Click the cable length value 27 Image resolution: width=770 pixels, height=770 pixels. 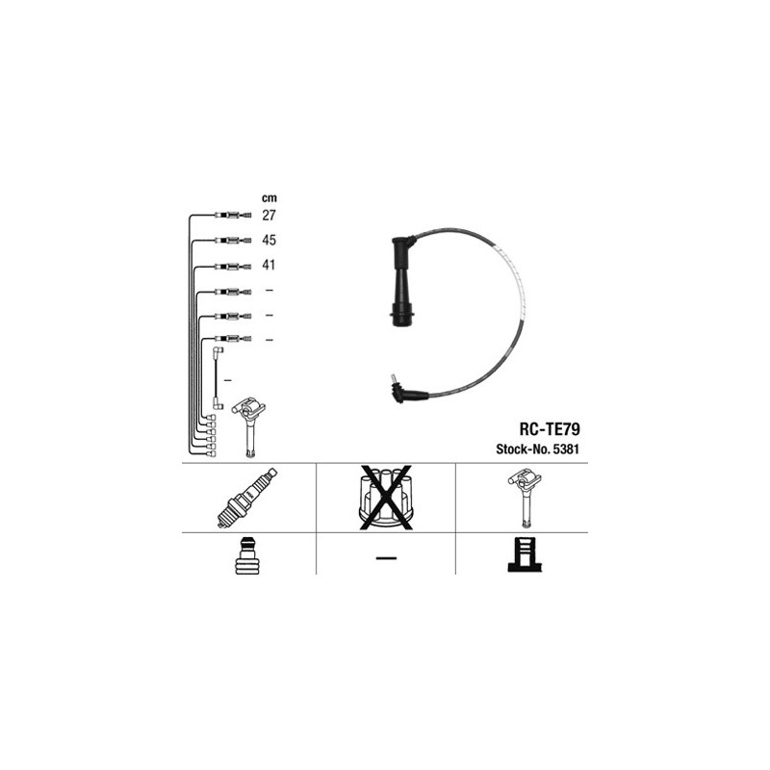[x=269, y=215]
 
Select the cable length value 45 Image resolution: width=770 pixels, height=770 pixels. [x=269, y=240]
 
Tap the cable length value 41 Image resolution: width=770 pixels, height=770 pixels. [x=269, y=266]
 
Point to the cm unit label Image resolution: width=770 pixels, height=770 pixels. [x=269, y=198]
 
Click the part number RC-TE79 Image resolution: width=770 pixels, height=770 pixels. [x=550, y=429]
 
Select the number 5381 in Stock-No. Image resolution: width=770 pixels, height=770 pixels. [x=566, y=449]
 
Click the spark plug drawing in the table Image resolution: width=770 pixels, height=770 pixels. [x=247, y=498]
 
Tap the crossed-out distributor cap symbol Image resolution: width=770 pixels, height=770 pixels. [x=386, y=498]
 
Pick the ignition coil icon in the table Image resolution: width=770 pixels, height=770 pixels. [x=525, y=499]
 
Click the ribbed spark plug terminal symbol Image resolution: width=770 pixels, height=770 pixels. [x=246, y=555]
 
